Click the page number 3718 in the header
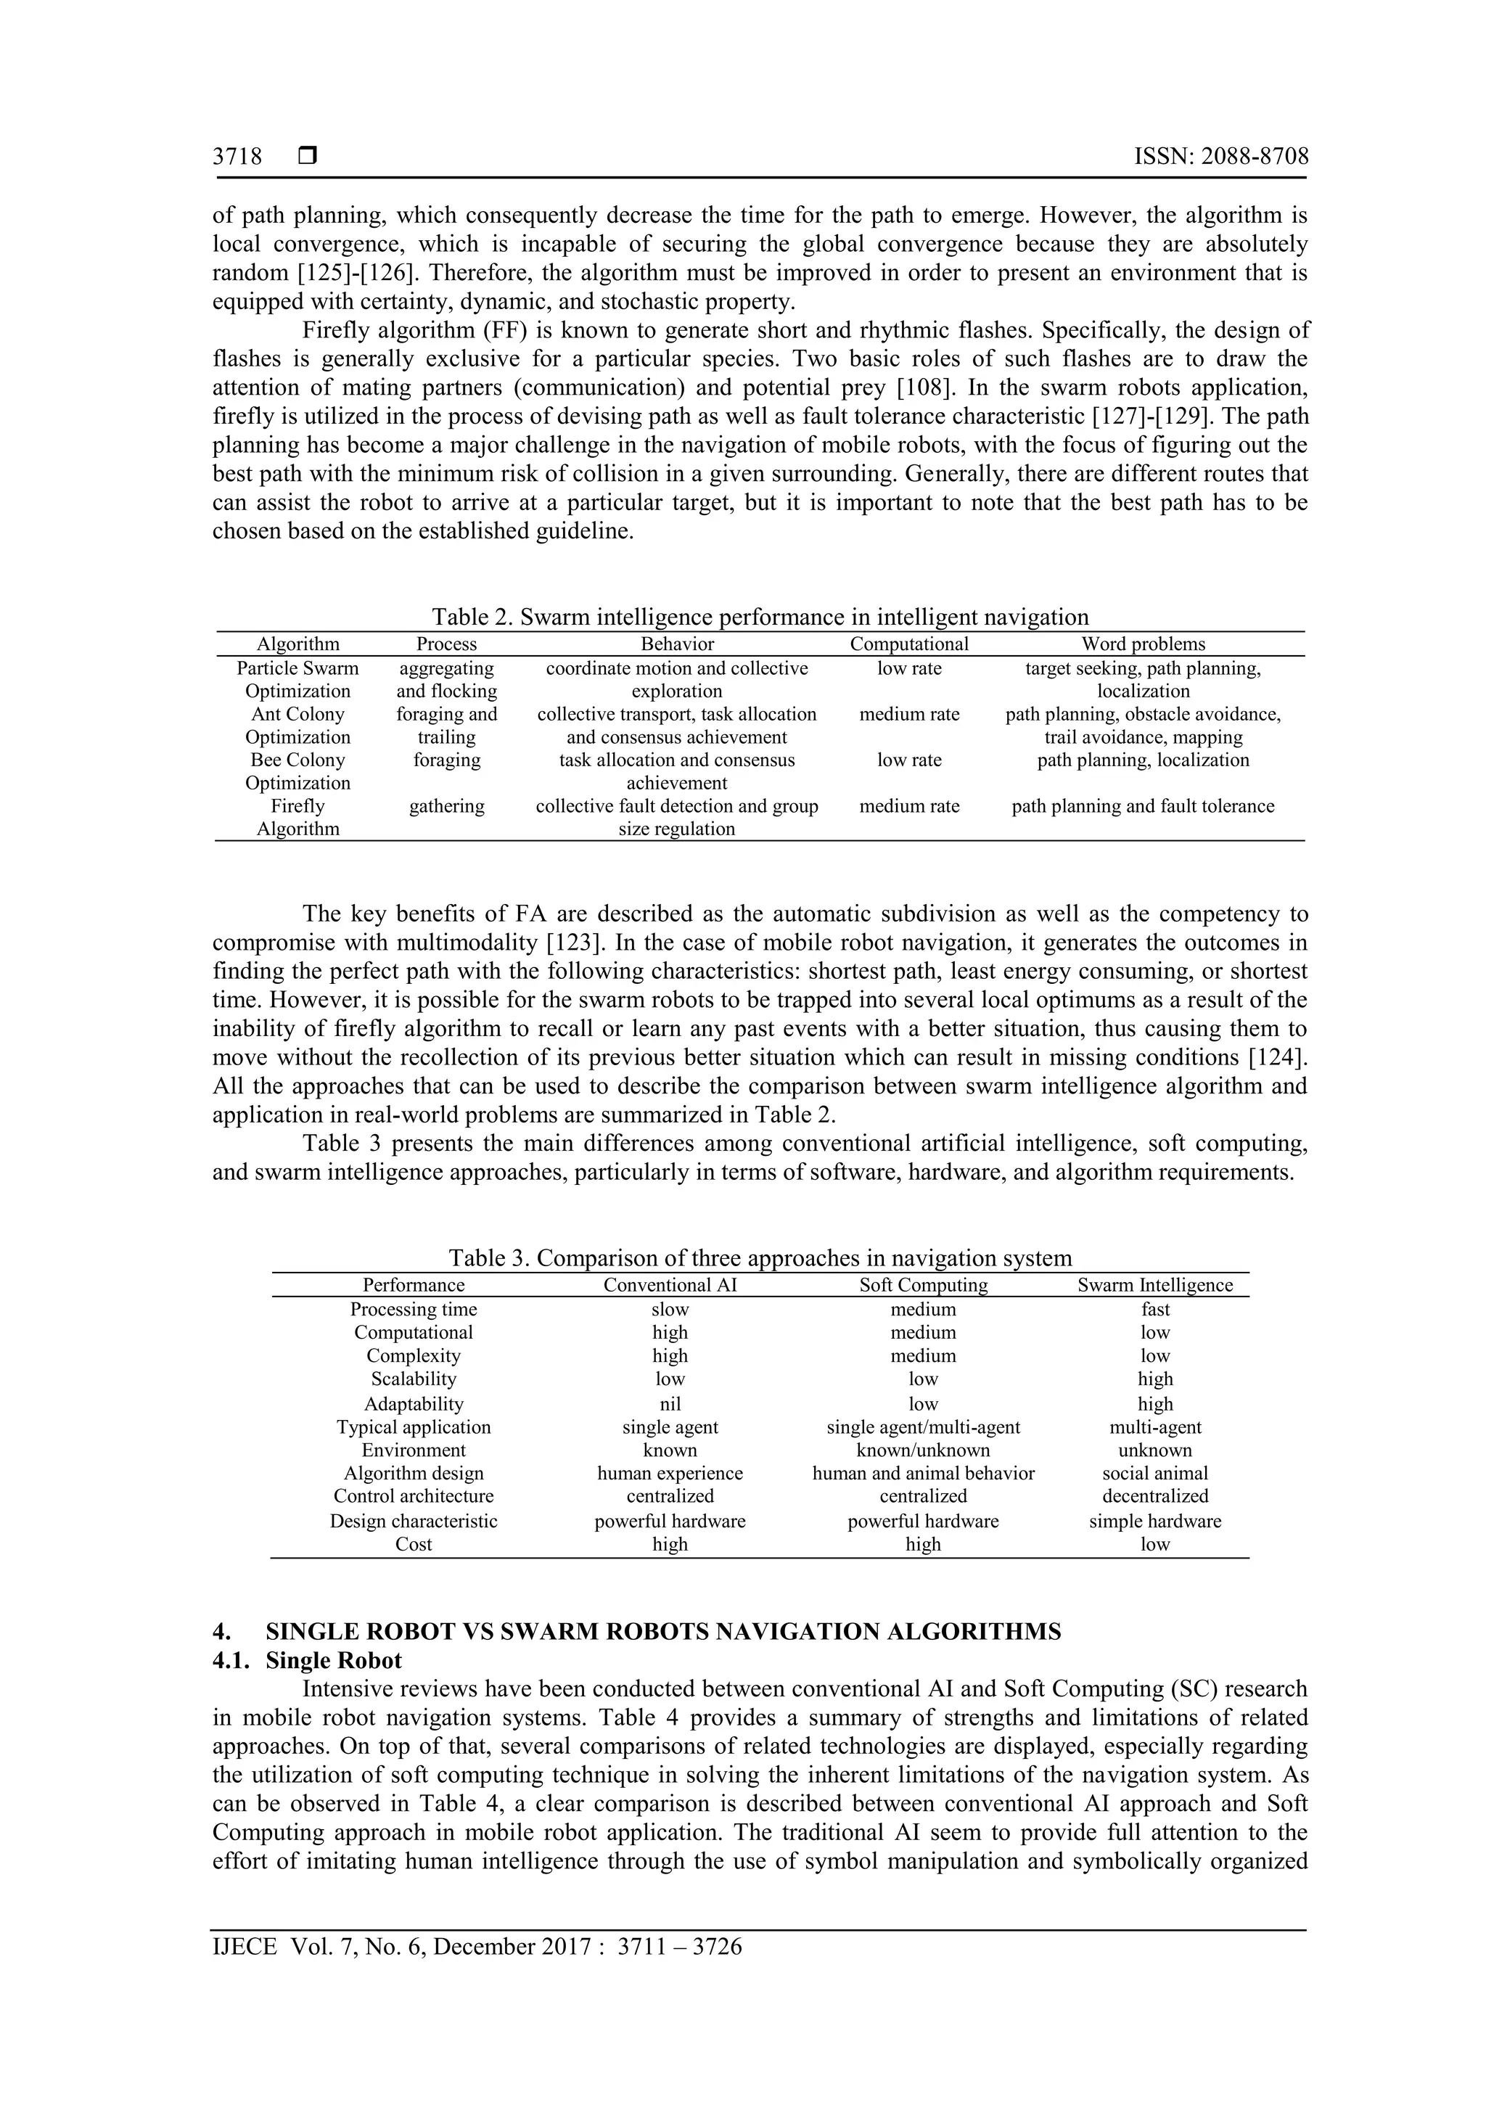point(237,157)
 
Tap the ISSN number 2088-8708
point(1221,157)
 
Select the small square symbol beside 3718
point(308,157)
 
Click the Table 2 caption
point(760,617)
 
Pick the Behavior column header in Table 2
point(677,644)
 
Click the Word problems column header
point(1143,644)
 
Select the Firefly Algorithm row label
point(297,816)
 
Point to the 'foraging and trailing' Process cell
point(447,725)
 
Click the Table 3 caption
point(760,1258)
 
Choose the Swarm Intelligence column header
point(1154,1284)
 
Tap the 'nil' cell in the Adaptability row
point(670,1403)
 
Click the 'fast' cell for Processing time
point(1155,1309)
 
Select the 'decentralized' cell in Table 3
point(1154,1496)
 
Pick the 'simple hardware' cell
point(1154,1521)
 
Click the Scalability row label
point(414,1379)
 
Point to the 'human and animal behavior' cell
point(923,1473)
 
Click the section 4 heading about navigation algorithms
point(663,1631)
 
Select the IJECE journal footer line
point(477,1947)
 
